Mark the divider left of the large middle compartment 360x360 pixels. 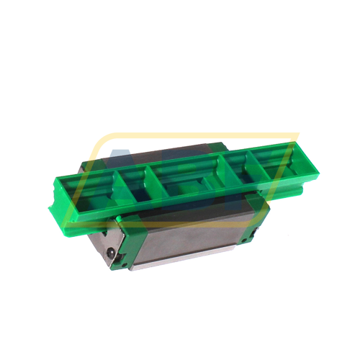(x=148, y=180)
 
